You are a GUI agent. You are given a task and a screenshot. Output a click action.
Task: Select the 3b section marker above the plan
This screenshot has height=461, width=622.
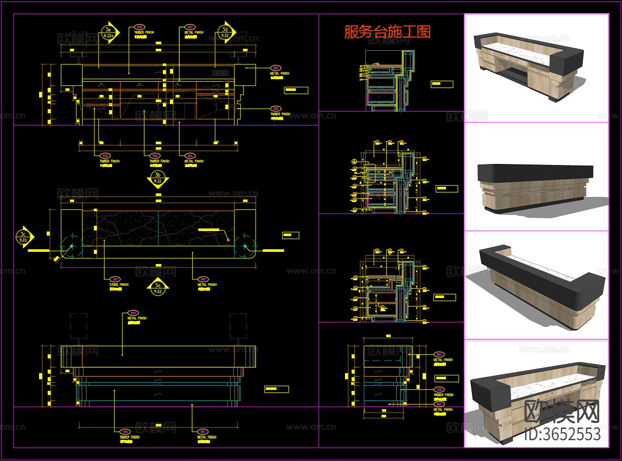[158, 178]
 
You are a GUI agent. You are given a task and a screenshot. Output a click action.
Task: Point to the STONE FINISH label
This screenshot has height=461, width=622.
[119, 285]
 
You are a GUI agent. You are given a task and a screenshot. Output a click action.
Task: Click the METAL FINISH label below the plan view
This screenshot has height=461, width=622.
[207, 285]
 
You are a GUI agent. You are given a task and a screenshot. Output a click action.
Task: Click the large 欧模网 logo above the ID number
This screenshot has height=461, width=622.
[562, 411]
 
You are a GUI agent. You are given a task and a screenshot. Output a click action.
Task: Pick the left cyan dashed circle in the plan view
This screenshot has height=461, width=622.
[72, 246]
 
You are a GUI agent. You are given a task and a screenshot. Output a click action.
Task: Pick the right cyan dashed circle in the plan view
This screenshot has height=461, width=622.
[245, 246]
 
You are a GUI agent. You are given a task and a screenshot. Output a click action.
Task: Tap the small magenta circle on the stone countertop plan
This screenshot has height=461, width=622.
[228, 239]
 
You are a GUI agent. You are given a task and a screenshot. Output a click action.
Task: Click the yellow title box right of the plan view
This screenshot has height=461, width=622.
[291, 236]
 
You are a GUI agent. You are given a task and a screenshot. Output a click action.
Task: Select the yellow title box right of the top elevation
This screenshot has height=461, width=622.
[296, 90]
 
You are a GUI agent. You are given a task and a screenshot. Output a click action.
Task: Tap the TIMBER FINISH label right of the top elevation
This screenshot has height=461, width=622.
[280, 114]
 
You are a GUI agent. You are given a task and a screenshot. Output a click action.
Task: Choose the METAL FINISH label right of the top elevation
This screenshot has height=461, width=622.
[280, 74]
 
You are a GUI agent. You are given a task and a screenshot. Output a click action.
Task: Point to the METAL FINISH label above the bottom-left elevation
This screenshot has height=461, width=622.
[136, 318]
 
